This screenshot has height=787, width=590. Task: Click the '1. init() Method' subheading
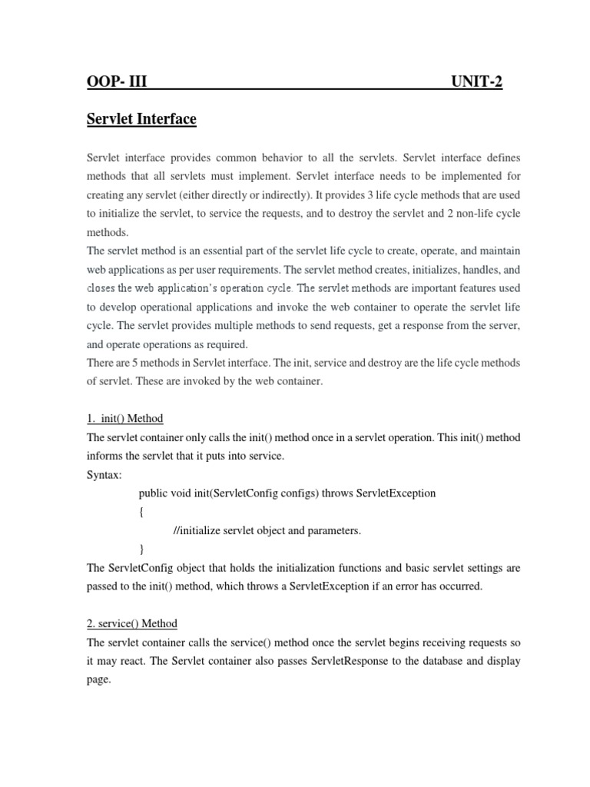tap(124, 418)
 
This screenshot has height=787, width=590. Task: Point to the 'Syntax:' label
tap(104, 475)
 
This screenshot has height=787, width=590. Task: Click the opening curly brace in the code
tap(141, 512)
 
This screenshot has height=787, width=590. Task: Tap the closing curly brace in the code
tap(141, 549)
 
